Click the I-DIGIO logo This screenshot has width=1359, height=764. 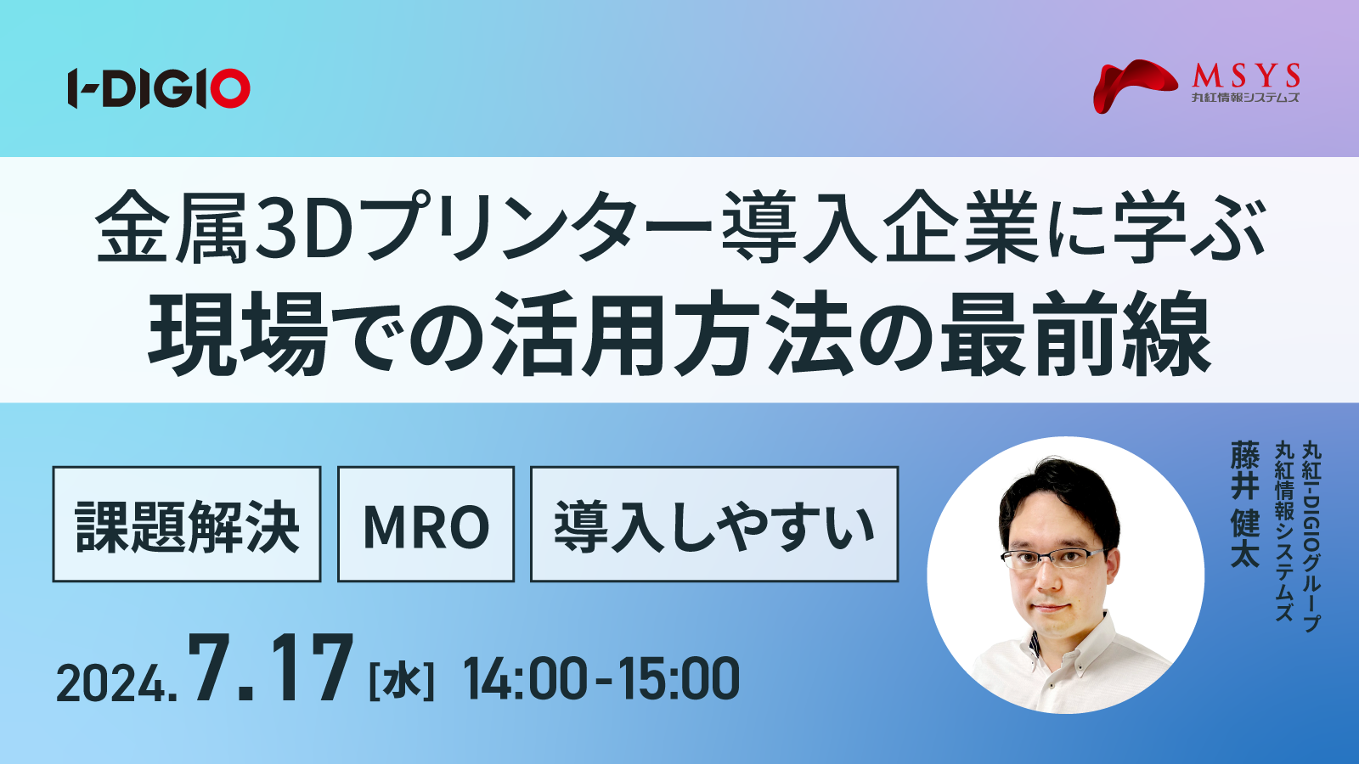pyautogui.click(x=159, y=88)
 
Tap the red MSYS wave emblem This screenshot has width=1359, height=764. pyautogui.click(x=1135, y=86)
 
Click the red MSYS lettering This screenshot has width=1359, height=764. pyautogui.click(x=1246, y=76)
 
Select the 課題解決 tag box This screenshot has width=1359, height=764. pyautogui.click(x=187, y=524)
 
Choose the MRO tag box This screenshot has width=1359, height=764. pyautogui.click(x=426, y=524)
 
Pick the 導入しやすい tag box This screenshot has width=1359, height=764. pyautogui.click(x=714, y=524)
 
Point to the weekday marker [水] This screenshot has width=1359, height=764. pyautogui.click(x=402, y=683)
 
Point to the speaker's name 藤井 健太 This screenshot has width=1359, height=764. pyautogui.click(x=1245, y=504)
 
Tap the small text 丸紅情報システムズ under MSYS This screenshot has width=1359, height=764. pyautogui.click(x=1245, y=97)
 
